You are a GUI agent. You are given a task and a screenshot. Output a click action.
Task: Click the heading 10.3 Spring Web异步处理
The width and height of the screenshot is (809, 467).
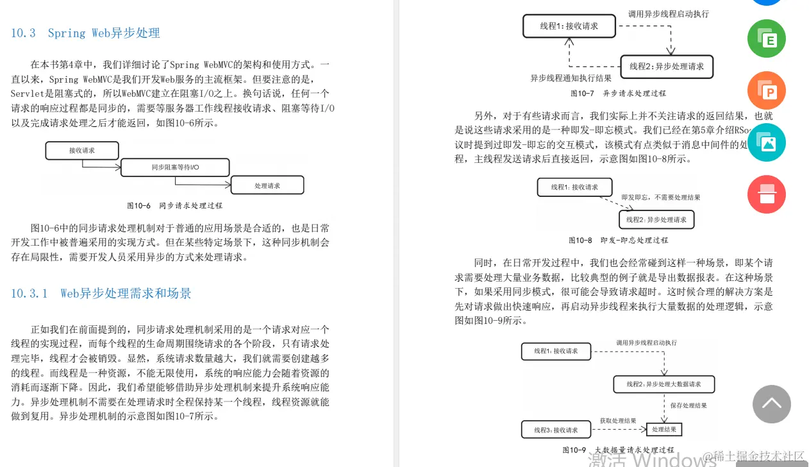click(x=85, y=33)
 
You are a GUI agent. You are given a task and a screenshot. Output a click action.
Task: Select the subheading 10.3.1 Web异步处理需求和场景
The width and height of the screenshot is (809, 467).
click(x=101, y=294)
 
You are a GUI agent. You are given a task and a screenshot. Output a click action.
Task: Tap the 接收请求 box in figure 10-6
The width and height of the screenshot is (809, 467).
click(x=82, y=151)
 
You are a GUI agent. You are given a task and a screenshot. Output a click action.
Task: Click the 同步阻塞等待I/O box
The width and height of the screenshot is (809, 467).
click(x=175, y=167)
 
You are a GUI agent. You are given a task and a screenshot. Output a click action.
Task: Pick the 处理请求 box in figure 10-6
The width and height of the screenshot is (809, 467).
click(x=267, y=185)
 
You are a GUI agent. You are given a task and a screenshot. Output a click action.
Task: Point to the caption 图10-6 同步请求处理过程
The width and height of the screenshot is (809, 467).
click(x=174, y=206)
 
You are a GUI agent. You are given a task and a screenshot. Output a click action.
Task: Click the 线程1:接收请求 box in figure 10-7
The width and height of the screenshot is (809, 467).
click(x=569, y=26)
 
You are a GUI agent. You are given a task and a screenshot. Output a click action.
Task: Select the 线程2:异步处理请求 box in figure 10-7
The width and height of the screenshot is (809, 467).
click(x=667, y=67)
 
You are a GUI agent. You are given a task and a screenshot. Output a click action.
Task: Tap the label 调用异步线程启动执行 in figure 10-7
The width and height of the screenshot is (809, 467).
click(x=669, y=13)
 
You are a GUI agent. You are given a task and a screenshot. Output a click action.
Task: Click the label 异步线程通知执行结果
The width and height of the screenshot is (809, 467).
click(x=571, y=78)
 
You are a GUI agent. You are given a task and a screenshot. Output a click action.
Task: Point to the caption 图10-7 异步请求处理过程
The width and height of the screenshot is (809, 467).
click(x=618, y=93)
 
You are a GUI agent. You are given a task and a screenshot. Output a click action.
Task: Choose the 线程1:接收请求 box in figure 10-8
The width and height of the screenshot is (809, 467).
click(x=574, y=187)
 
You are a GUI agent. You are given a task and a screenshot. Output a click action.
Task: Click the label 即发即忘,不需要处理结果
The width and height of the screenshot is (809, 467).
click(x=660, y=198)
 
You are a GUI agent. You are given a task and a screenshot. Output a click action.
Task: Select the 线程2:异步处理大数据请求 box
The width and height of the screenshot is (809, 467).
click(x=664, y=384)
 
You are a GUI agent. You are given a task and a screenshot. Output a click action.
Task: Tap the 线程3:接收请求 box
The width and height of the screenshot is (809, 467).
click(x=556, y=430)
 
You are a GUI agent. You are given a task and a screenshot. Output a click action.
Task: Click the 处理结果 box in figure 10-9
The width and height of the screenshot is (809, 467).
click(x=663, y=429)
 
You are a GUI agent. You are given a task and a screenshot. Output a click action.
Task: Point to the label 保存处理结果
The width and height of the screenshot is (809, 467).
click(x=688, y=405)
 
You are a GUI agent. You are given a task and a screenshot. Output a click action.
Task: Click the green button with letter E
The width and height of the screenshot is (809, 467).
click(x=767, y=38)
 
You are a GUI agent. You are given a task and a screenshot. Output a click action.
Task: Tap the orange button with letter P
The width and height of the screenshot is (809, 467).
click(x=767, y=90)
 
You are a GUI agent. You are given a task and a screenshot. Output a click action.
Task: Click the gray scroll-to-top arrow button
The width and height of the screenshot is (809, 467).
click(x=771, y=404)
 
